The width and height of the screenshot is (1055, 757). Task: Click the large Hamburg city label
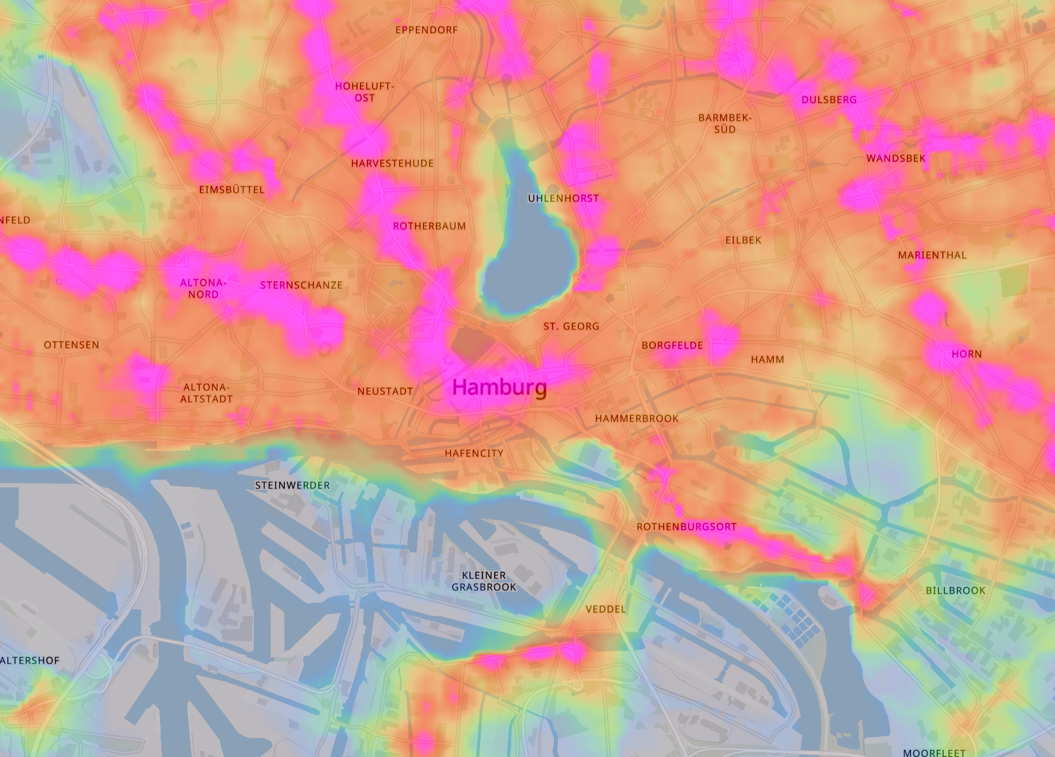499,387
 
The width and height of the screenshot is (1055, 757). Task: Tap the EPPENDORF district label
426,30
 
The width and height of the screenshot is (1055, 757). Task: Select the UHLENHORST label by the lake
563,199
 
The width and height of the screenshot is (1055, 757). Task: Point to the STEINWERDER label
292,485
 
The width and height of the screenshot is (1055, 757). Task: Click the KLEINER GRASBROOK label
484,581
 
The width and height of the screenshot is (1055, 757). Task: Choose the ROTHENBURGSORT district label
686,527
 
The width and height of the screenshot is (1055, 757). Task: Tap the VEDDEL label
606,609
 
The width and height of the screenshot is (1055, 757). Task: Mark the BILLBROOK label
955,591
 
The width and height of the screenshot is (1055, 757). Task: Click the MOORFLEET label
934,752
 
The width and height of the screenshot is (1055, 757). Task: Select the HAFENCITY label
474,453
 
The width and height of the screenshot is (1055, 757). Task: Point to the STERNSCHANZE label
301,285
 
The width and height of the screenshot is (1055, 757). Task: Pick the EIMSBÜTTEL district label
232,190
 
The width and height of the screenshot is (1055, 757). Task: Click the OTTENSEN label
72,345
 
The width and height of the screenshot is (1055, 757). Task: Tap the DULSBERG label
829,100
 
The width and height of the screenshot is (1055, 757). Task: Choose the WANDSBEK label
896,158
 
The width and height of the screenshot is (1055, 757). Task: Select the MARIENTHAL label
932,255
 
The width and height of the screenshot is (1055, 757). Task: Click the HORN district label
966,354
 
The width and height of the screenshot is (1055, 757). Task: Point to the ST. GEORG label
571,326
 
